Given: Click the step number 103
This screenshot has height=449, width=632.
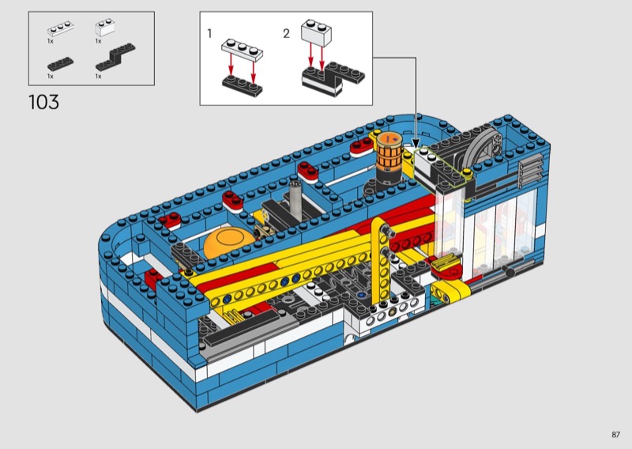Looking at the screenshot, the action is click(43, 102).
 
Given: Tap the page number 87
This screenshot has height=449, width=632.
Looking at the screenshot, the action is click(615, 435).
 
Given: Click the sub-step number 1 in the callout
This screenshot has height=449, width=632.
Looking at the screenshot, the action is click(209, 33).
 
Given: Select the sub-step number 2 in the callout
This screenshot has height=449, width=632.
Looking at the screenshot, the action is click(286, 33).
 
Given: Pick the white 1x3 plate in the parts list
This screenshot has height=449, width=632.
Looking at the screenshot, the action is click(60, 28).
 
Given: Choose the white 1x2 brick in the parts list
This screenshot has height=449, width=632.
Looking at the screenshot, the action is click(105, 28).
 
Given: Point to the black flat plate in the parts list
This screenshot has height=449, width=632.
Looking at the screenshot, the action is click(61, 64).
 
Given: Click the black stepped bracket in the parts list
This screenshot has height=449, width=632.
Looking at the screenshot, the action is click(115, 58).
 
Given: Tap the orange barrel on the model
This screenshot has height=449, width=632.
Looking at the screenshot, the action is click(389, 153).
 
